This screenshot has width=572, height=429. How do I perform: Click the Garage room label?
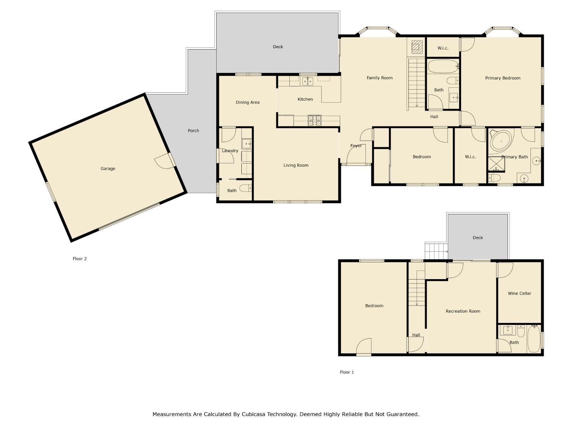[108, 169]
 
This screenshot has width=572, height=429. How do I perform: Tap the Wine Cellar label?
[519, 293]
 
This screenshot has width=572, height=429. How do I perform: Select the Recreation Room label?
[463, 311]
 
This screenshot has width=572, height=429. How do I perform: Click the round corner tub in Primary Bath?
[501, 141]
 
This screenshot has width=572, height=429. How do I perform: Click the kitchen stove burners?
[315, 120]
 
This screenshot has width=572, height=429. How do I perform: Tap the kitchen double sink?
[307, 81]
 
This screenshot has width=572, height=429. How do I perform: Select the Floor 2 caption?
[80, 259]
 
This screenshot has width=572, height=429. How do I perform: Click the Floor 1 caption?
[347, 372]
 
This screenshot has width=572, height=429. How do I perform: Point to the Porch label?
[193, 130]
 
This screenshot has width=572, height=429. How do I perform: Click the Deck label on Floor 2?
[278, 47]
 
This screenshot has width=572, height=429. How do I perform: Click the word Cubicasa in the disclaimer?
[254, 414]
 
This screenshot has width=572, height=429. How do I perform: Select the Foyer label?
[356, 146]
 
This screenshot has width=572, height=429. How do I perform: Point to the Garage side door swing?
[163, 162]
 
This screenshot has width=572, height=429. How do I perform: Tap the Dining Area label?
[247, 102]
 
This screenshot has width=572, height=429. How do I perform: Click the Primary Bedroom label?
[503, 78]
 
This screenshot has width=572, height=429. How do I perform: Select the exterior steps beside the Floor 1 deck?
[436, 251]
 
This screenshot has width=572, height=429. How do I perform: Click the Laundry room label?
[230, 151]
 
